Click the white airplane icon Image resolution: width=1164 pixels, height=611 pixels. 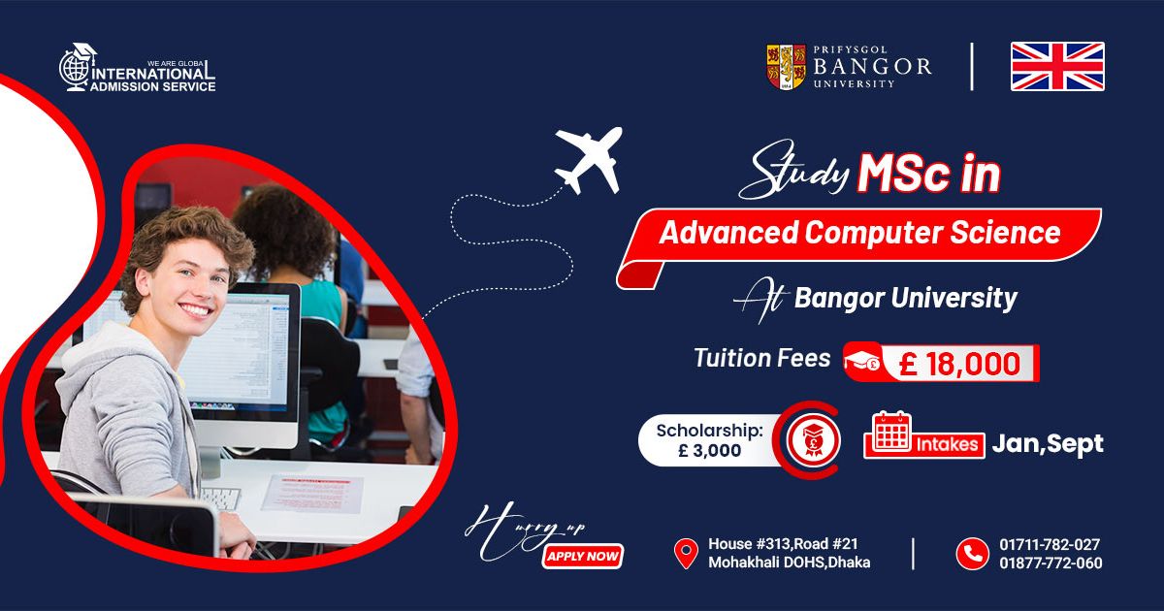point(589,160)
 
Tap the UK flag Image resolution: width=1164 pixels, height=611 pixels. point(1057,67)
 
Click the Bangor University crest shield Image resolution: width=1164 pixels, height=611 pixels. point(787,67)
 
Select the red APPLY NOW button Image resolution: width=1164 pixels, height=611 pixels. point(582,557)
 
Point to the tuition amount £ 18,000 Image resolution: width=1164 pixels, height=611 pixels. point(959,364)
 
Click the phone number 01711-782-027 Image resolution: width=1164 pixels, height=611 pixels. point(1050,544)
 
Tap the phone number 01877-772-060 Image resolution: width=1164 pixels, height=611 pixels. point(1051,563)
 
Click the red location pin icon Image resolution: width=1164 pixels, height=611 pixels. point(686,554)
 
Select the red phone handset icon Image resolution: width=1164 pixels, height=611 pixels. point(972,554)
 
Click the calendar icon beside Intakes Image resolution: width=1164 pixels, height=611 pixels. point(891,432)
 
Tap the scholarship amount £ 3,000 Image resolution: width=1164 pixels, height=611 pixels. point(710,450)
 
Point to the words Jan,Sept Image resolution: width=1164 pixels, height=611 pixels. point(1048,444)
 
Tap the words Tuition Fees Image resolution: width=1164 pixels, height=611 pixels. point(762,358)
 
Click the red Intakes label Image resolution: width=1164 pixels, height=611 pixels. point(947,445)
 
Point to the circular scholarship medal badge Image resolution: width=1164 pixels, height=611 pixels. point(813,440)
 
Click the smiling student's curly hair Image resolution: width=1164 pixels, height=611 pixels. point(187,244)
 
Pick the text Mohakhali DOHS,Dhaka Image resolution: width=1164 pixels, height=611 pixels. point(790,563)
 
